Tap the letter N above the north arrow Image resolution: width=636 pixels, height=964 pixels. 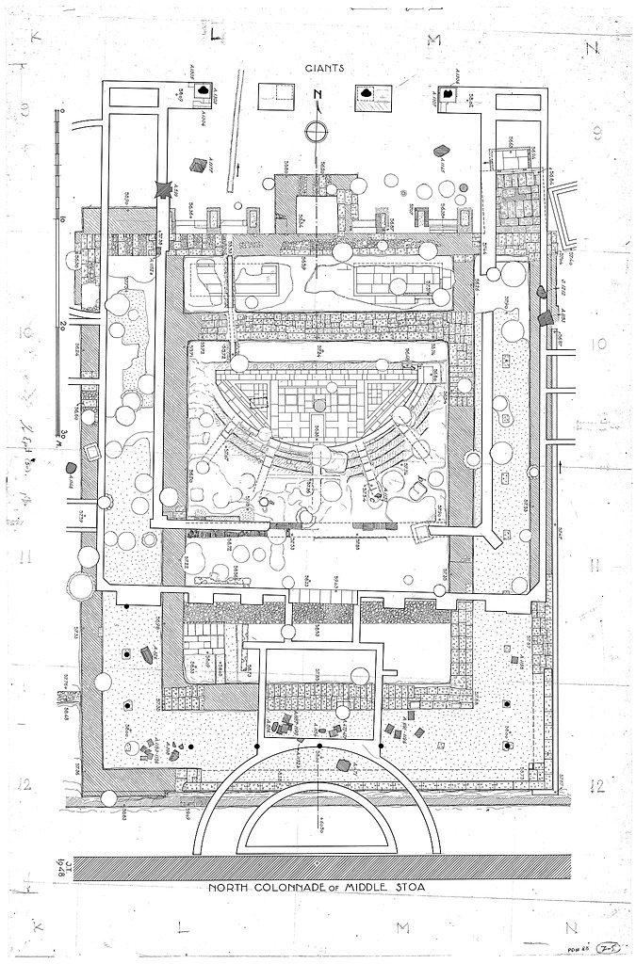pyautogui.click(x=318, y=94)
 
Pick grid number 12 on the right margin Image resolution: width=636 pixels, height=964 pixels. pyautogui.click(x=596, y=785)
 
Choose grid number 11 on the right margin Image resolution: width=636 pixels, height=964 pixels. pyautogui.click(x=596, y=565)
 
